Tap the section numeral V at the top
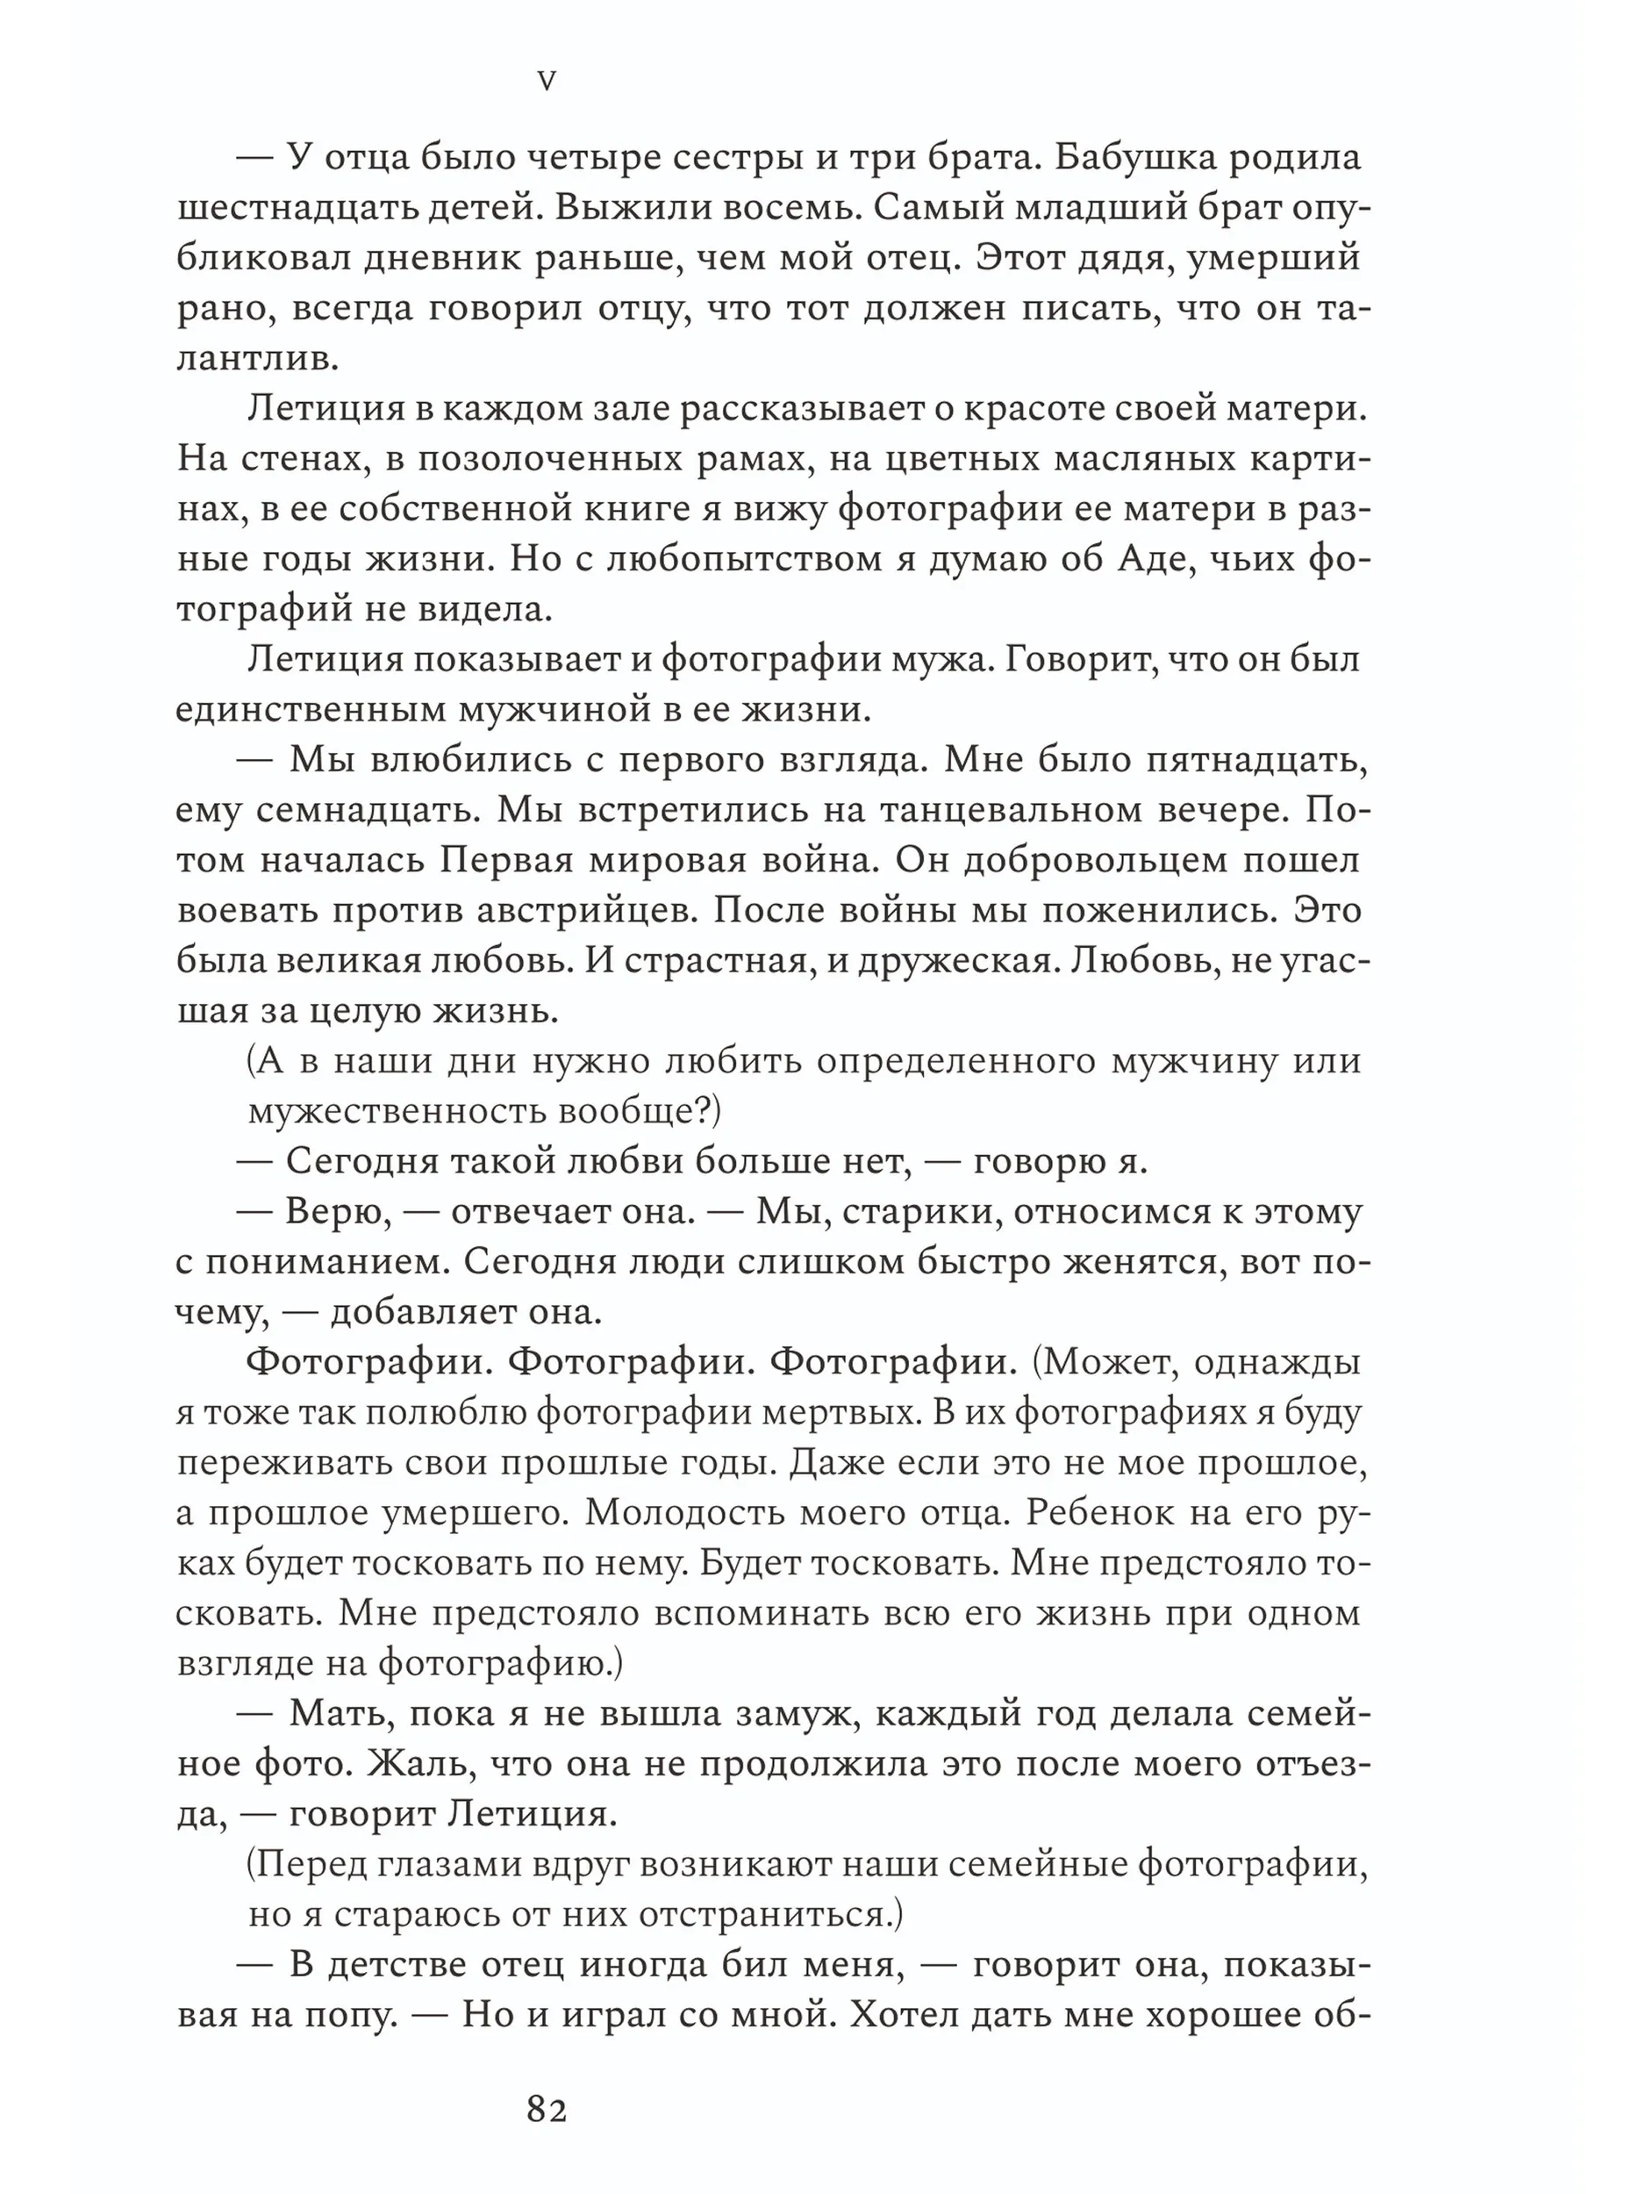click(547, 82)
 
